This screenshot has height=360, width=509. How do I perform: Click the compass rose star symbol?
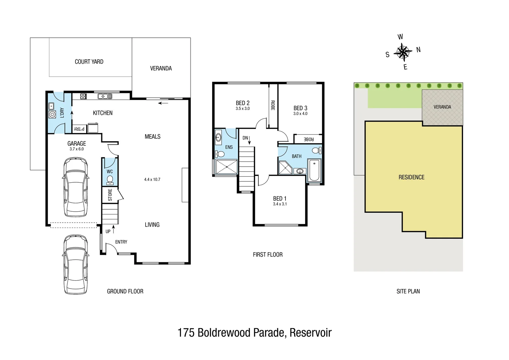pos(403,52)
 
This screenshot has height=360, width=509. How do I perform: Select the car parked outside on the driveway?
pos(76,264)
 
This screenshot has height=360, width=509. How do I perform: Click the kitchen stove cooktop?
pos(84,96)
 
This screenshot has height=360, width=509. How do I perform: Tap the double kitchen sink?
pos(105,96)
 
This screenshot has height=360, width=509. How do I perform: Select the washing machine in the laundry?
pos(52,115)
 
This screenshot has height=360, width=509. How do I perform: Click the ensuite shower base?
pos(227,167)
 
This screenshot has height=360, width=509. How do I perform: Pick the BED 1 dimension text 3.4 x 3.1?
pos(280,204)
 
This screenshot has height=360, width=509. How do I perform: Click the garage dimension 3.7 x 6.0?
pos(77,149)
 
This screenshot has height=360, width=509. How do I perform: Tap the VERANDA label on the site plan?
pos(442,107)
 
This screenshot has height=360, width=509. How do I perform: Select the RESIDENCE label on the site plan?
pos(411,177)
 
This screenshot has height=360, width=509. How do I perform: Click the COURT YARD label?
pos(89,62)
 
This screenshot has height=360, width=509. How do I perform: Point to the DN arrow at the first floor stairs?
pos(249,140)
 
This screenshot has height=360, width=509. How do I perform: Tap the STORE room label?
pos(110,195)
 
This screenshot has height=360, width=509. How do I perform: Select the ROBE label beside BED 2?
pos(273,105)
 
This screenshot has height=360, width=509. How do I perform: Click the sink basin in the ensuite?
pos(218,137)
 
